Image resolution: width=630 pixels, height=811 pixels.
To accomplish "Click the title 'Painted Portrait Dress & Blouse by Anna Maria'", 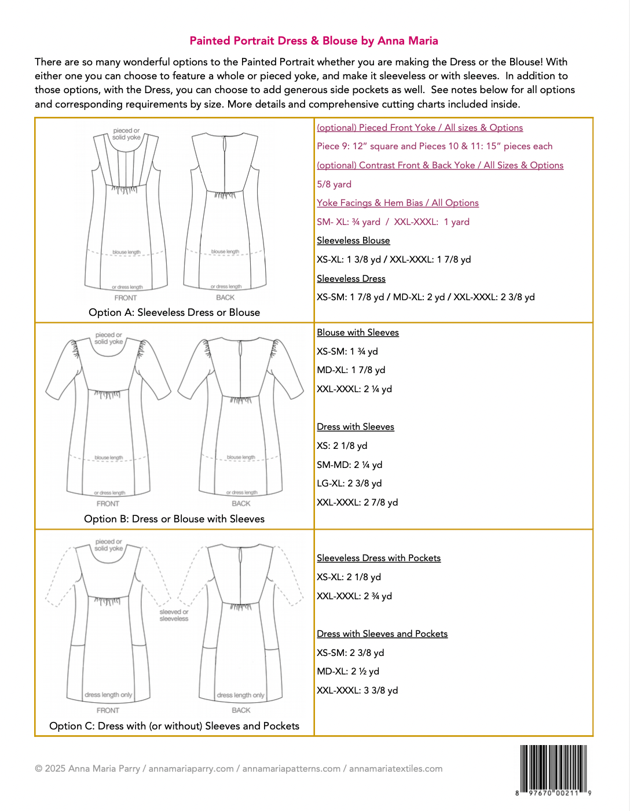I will coord(314,40).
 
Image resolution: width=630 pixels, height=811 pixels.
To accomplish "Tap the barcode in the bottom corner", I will coord(554,769).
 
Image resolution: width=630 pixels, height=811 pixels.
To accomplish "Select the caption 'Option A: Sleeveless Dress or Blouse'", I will coord(174,312).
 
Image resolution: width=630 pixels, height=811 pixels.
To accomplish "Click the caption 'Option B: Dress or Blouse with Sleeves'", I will coord(174,519).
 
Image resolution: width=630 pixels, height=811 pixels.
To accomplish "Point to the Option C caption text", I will coord(174,726).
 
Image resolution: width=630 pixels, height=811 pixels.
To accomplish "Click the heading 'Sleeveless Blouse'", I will coord(353,241).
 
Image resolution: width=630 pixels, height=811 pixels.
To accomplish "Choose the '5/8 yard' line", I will coord(334,185).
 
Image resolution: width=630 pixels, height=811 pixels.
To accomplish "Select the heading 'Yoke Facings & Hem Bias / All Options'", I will coord(398,203).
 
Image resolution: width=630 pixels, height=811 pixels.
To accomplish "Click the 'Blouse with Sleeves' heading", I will coord(358,333).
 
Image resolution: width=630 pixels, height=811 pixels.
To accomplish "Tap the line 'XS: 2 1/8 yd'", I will coord(342,446).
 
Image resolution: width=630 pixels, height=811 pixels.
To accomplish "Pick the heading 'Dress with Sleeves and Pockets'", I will coord(382,634).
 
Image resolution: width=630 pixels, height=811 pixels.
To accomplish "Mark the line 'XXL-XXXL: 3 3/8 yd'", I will coord(357,691).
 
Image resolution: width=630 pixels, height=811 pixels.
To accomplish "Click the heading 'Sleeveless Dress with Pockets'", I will coord(379,558).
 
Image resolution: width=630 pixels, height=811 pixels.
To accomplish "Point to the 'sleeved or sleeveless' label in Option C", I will coord(174,615).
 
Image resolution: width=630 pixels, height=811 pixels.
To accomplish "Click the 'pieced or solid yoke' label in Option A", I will coord(126,134).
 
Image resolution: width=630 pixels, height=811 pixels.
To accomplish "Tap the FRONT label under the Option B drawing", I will coord(108,504).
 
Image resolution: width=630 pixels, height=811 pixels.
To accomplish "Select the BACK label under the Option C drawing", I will coord(241,710).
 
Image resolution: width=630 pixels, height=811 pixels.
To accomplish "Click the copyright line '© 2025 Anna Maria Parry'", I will coord(87,769).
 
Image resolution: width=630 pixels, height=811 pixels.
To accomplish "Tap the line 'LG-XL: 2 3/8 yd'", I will coord(349,484).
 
